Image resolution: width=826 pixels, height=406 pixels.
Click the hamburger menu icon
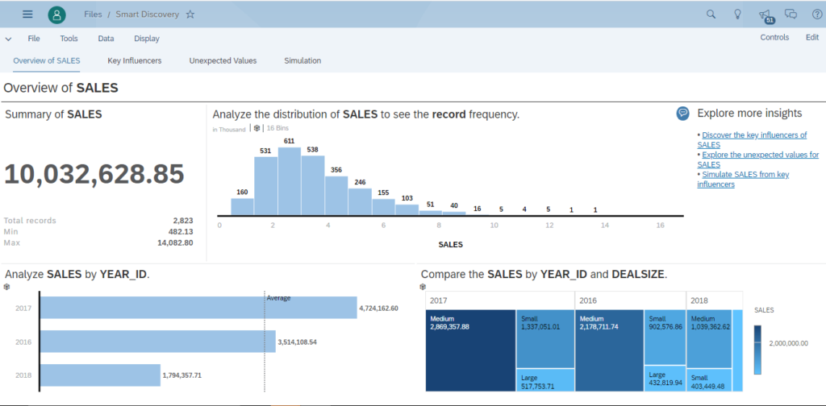(x=27, y=14)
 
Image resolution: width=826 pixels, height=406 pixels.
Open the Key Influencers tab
(x=134, y=60)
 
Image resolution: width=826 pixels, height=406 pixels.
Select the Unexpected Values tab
(x=223, y=60)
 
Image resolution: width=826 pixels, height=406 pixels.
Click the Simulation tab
(x=302, y=60)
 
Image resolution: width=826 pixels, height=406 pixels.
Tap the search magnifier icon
(x=711, y=14)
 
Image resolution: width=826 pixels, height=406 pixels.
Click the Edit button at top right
(x=811, y=38)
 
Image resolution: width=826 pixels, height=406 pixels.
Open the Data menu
(x=106, y=38)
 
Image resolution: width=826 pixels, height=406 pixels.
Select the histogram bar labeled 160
(x=242, y=207)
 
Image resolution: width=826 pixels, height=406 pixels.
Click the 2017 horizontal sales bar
(x=198, y=308)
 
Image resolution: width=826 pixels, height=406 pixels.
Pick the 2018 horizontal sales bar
(x=100, y=375)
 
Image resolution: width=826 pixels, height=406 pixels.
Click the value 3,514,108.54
(x=308, y=342)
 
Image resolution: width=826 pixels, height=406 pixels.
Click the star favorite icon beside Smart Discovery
(x=190, y=14)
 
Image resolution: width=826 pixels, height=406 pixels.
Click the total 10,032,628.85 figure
(x=94, y=173)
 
